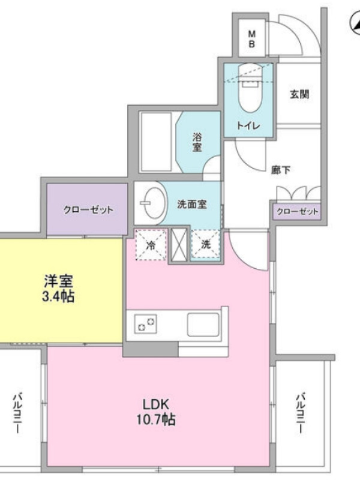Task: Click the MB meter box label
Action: pyautogui.click(x=251, y=38)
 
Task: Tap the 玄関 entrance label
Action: pyautogui.click(x=299, y=94)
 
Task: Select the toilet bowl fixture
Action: pyautogui.click(x=251, y=88)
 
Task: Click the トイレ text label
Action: pyautogui.click(x=248, y=125)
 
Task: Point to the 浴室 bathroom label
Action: pyautogui.click(x=197, y=142)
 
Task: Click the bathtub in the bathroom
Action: pyautogui.click(x=155, y=142)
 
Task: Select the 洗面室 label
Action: pyautogui.click(x=191, y=204)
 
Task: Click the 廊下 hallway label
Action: pyautogui.click(x=281, y=170)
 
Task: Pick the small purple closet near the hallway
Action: pyautogui.click(x=296, y=212)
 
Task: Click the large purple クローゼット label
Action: pyautogui.click(x=88, y=210)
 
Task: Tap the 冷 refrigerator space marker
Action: pyautogui.click(x=151, y=245)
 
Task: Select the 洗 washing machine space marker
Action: pyautogui.click(x=206, y=245)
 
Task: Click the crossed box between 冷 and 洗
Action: pyautogui.click(x=179, y=245)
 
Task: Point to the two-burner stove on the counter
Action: pyautogui.click(x=146, y=324)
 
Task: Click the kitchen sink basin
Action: pyautogui.click(x=203, y=325)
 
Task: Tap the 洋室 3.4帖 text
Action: pyautogui.click(x=58, y=288)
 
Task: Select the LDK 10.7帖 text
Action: pyautogui.click(x=156, y=412)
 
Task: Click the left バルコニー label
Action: pyautogui.click(x=17, y=413)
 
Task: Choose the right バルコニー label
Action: pyautogui.click(x=301, y=413)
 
